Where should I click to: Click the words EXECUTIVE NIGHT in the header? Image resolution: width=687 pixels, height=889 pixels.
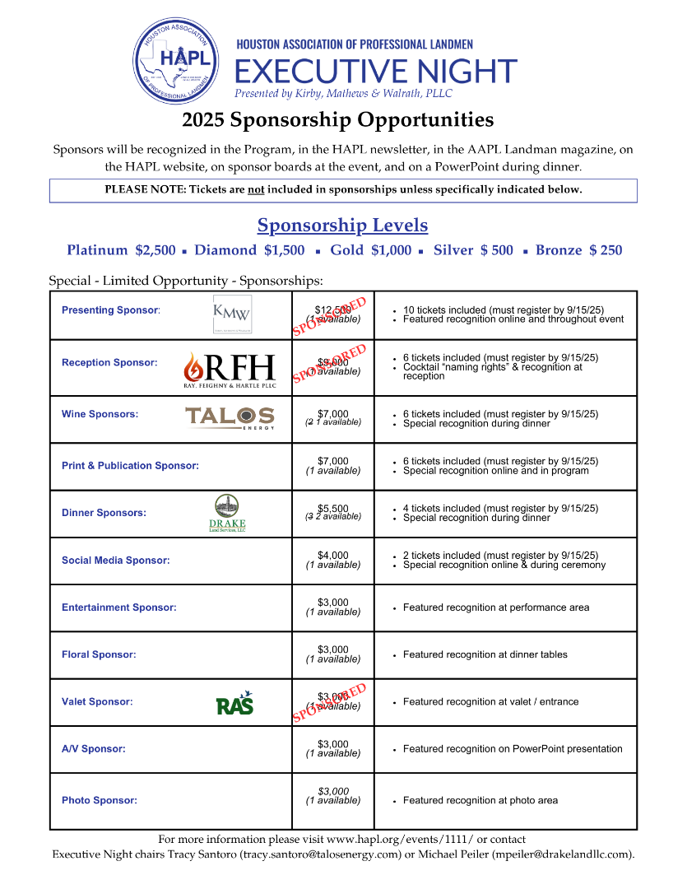click(376, 72)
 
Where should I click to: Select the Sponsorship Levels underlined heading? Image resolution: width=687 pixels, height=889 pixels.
click(342, 225)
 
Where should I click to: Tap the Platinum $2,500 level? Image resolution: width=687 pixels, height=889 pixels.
click(121, 250)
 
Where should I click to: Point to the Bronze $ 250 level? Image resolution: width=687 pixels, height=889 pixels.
click(578, 250)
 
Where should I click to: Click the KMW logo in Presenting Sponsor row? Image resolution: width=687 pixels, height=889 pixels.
click(232, 314)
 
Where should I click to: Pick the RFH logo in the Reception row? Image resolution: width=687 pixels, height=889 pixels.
click(230, 370)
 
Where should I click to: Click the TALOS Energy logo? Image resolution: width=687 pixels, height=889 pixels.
click(230, 417)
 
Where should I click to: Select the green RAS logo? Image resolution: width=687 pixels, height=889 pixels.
click(234, 704)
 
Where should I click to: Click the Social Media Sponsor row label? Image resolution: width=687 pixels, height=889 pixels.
click(116, 561)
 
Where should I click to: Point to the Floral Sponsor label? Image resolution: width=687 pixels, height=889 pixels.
click(99, 655)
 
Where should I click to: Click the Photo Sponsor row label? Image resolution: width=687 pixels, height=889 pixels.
click(100, 800)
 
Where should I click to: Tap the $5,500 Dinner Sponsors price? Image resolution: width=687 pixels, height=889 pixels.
click(333, 508)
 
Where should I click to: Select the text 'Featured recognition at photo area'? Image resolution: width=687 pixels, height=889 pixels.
click(480, 800)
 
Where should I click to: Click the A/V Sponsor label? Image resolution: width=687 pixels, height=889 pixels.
click(94, 749)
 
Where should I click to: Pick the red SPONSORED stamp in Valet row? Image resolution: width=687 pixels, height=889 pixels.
click(329, 702)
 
